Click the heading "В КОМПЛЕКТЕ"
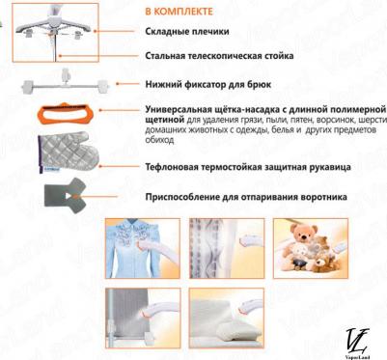pyautogui.click(x=179, y=12)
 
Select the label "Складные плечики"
pyautogui.click(x=187, y=32)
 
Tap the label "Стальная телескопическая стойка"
pyautogui.click(x=219, y=56)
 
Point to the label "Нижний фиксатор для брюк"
pyautogui.click(x=208, y=85)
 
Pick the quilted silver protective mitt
pyautogui.click(x=68, y=152)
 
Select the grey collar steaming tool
pyautogui.click(x=66, y=196)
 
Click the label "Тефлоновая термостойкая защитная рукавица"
pyautogui.click(x=248, y=167)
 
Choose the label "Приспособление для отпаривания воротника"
pyautogui.click(x=246, y=197)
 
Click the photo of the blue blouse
pyautogui.click(x=143, y=248)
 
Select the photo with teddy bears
pyautogui.click(x=311, y=248)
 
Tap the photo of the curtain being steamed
pyautogui.click(x=227, y=248)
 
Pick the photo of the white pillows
pyautogui.click(x=227, y=318)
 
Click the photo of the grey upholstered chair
pyautogui.click(x=143, y=318)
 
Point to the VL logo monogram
pyautogui.click(x=358, y=340)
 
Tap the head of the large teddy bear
pyautogui.click(x=304, y=233)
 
